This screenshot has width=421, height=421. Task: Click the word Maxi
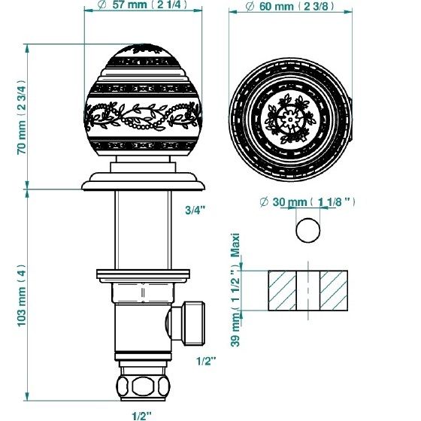[235, 245]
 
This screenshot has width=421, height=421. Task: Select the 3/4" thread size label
[195, 210]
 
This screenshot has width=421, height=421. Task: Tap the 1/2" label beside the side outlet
[206, 361]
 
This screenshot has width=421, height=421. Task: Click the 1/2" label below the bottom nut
[142, 416]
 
